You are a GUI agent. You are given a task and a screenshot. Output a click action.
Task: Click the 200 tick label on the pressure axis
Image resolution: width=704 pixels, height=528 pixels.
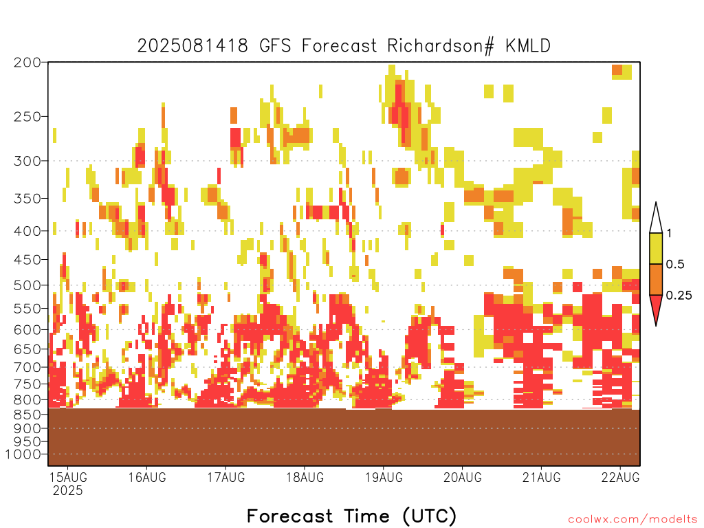pos(27,63)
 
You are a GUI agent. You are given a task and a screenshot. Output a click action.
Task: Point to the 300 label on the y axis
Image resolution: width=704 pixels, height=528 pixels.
pos(27,161)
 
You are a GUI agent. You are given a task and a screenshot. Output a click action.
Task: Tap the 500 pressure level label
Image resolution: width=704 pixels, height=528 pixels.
pos(27,285)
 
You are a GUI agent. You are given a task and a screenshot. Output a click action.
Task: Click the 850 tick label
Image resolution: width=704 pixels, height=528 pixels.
pos(27,414)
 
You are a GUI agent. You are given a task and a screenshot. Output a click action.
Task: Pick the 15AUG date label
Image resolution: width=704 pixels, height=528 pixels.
pos(68,477)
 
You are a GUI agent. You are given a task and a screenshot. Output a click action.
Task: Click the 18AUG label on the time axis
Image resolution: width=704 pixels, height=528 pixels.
pos(305,477)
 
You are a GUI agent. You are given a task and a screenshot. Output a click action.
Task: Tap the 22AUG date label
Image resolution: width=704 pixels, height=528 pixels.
pos(621,477)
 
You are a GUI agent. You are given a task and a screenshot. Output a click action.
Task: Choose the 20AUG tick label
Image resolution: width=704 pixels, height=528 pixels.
pos(463,477)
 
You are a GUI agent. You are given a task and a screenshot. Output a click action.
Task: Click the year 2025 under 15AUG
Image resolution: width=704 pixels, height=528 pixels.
pos(68,490)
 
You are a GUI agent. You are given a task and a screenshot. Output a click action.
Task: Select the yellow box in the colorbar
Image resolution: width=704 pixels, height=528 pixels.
pos(656,248)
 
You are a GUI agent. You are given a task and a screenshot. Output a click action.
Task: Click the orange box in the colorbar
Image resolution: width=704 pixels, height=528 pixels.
pos(656,279)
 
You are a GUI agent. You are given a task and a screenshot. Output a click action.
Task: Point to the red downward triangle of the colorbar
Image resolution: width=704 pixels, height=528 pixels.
pos(656,307)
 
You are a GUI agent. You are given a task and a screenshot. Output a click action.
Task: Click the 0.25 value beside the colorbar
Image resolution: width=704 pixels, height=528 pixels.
pos(679,295)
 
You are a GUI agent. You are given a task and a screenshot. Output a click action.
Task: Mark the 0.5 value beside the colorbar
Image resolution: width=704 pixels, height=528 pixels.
pos(675,264)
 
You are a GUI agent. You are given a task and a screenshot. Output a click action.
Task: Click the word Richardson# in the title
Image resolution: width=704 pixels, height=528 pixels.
pos(441,46)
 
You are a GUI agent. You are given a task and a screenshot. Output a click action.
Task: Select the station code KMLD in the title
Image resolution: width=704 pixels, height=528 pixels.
pos(528,46)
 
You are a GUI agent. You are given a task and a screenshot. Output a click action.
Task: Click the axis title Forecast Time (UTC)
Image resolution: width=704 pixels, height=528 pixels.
pos(351,516)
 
